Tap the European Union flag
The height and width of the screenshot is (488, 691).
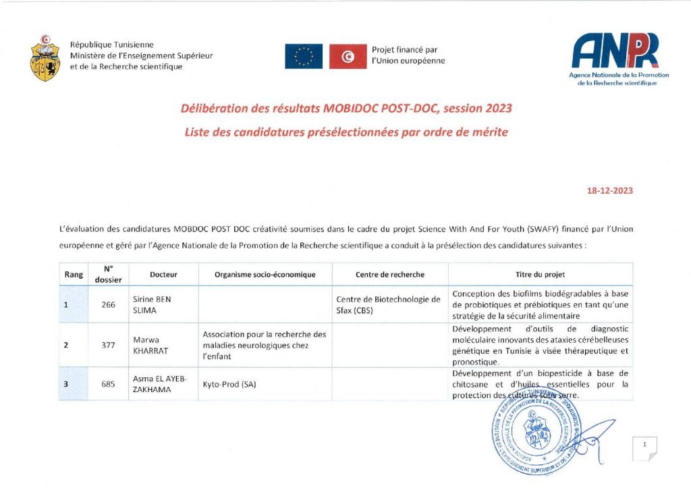coord(303,56)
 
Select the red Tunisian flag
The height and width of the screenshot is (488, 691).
coord(348,56)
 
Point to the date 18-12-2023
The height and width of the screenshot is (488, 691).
coord(609,190)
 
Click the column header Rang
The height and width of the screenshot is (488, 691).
coord(74,275)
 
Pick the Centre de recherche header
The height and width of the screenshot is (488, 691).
coord(389,275)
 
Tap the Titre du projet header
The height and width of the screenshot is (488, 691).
coord(540,275)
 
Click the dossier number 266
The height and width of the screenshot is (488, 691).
coord(109,304)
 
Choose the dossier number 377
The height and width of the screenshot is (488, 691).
coord(109,345)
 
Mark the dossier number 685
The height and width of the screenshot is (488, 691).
coord(109,384)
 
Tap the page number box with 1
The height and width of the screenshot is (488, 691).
coord(645,446)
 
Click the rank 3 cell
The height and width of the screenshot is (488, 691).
coord(66,384)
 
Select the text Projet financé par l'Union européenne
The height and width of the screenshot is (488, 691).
coord(408,55)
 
